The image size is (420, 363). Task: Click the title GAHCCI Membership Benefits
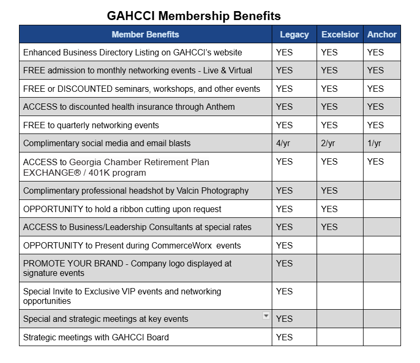(194, 16)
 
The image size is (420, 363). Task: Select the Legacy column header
(294, 34)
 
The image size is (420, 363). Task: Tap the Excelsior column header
(340, 34)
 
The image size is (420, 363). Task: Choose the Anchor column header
(381, 34)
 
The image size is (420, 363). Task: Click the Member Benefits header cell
(145, 34)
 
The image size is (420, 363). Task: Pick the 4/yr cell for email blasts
(283, 144)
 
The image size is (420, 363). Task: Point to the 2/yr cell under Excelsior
(328, 144)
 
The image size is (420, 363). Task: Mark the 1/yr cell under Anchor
(374, 144)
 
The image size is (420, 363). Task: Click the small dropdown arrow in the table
(266, 316)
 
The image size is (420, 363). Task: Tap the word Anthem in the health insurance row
(220, 107)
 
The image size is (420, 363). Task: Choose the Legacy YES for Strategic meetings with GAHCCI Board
(284, 337)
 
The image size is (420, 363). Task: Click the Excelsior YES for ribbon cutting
(329, 209)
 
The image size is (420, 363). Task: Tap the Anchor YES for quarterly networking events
(375, 125)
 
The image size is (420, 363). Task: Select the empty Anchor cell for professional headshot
(382, 190)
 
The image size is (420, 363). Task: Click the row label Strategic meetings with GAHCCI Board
(96, 337)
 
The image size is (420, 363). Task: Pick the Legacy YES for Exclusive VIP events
(284, 291)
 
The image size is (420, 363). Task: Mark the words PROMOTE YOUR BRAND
(73, 264)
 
